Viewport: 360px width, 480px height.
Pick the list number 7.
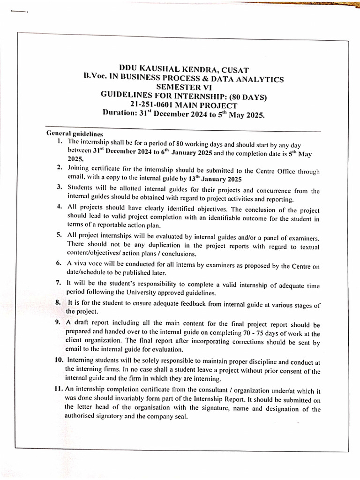(x=59, y=283)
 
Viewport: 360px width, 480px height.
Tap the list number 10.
(x=60, y=360)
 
